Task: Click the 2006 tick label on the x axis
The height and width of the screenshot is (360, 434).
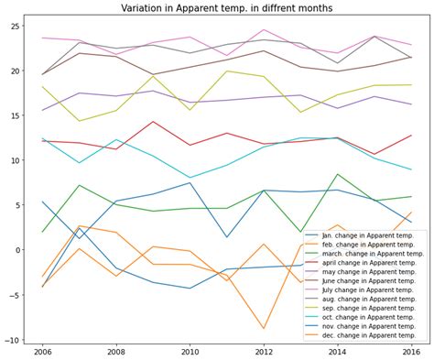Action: tap(42, 352)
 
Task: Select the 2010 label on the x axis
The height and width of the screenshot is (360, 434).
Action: tap(190, 352)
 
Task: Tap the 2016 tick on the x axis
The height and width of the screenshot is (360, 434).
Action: tap(411, 352)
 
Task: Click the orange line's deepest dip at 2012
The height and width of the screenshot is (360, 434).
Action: tap(264, 328)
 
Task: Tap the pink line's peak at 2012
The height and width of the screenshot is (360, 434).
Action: tap(264, 30)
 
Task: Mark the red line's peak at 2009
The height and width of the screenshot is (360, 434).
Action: tap(153, 122)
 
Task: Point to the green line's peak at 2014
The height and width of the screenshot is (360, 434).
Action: tap(338, 174)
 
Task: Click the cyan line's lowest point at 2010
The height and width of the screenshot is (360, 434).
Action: tap(190, 178)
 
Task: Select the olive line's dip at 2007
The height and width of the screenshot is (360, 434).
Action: tap(80, 121)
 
